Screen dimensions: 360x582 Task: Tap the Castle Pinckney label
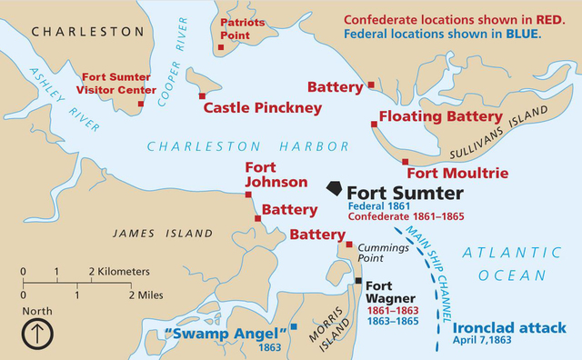tap(262, 107)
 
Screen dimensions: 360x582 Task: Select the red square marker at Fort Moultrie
tap(406, 161)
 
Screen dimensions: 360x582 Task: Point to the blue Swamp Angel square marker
tap(294, 326)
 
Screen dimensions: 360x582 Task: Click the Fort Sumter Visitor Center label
tap(114, 84)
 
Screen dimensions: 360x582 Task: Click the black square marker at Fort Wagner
tap(359, 281)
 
